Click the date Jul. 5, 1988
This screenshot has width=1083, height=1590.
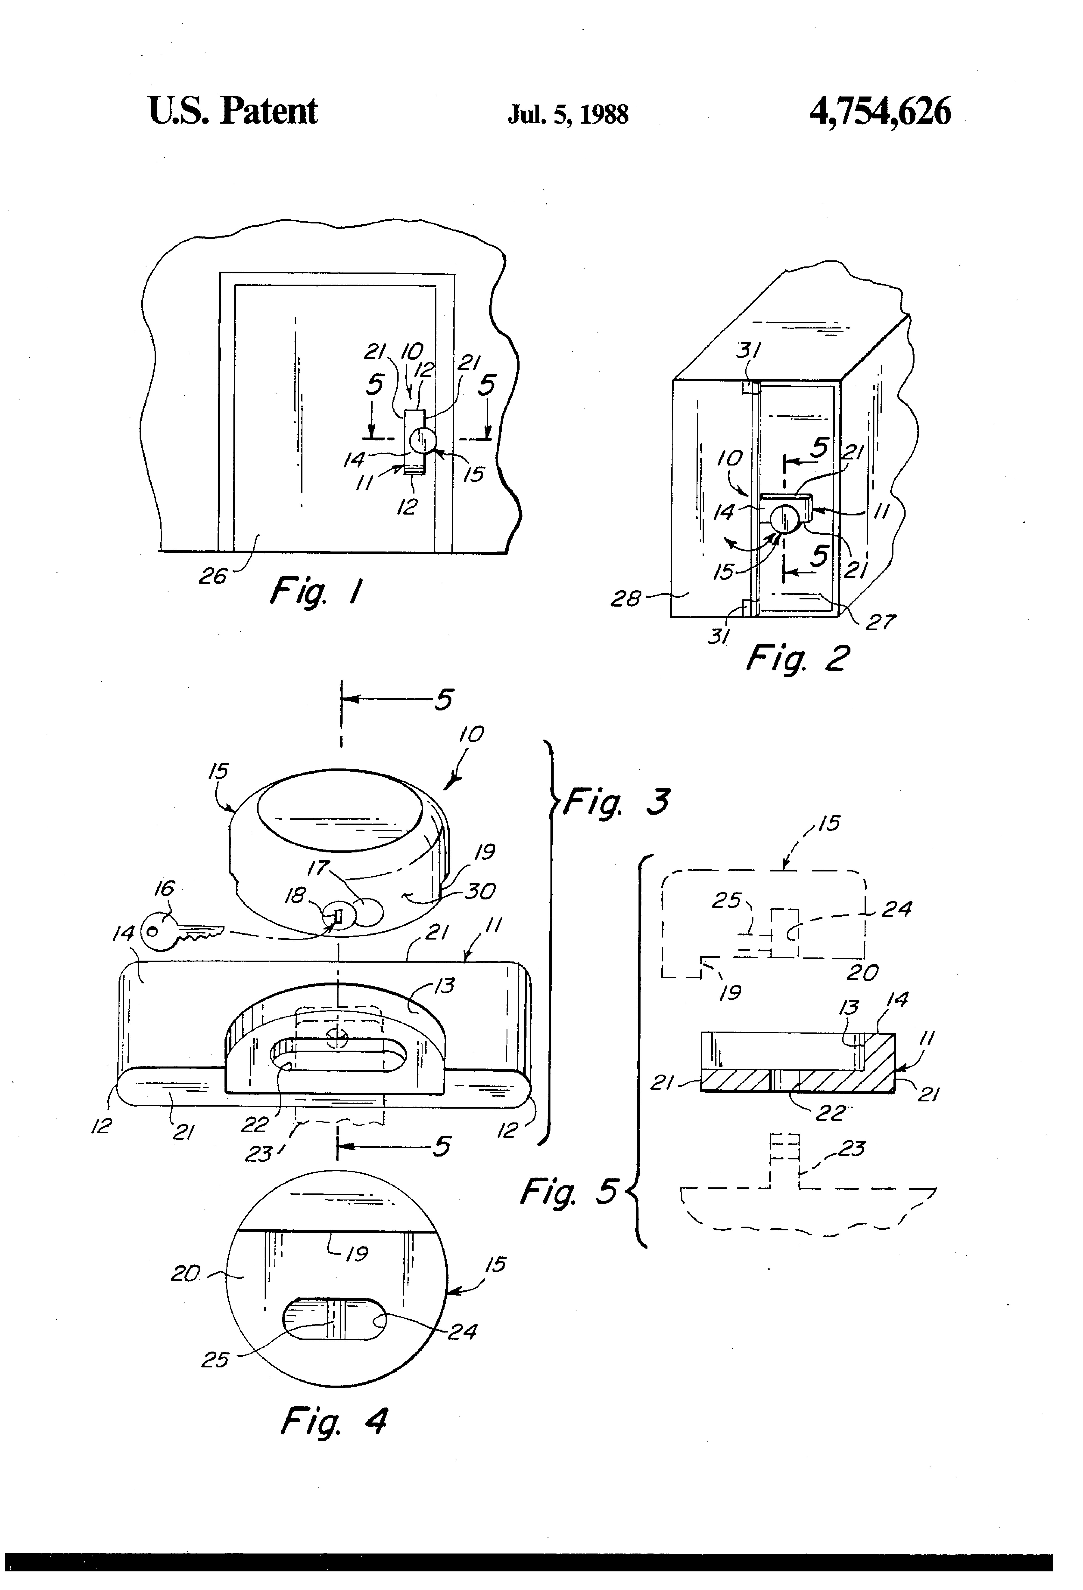[x=567, y=114]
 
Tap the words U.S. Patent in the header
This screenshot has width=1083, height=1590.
[x=233, y=111]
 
